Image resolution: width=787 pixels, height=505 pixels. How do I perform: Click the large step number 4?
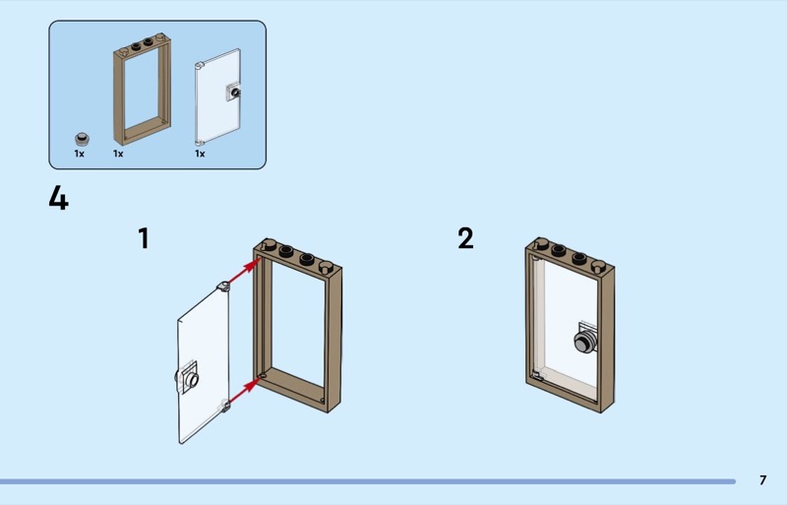(58, 198)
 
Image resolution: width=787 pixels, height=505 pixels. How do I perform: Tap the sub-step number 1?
(144, 238)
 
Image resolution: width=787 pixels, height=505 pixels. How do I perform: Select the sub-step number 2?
(465, 238)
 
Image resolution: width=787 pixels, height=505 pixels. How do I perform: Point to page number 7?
(763, 480)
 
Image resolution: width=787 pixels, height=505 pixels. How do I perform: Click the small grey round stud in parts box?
(83, 139)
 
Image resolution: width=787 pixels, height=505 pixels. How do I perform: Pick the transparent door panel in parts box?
(217, 96)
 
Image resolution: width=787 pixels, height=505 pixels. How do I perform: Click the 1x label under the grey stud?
(80, 154)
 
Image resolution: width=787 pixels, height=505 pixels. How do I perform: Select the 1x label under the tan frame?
(118, 154)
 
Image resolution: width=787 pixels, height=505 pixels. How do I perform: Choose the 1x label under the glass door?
(200, 154)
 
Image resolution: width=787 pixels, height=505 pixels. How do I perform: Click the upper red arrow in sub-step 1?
(244, 272)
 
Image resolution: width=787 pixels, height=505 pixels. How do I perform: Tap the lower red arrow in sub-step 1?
(244, 392)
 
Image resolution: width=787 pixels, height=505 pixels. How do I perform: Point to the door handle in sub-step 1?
(188, 378)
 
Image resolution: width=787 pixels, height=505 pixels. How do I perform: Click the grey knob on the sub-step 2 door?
(584, 340)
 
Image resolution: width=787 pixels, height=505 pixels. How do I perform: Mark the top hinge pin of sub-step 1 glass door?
(222, 286)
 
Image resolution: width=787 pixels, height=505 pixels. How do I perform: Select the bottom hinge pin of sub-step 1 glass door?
(225, 405)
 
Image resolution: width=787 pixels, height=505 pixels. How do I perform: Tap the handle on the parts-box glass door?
(233, 92)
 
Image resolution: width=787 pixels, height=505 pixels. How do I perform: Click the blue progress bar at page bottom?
(368, 481)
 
